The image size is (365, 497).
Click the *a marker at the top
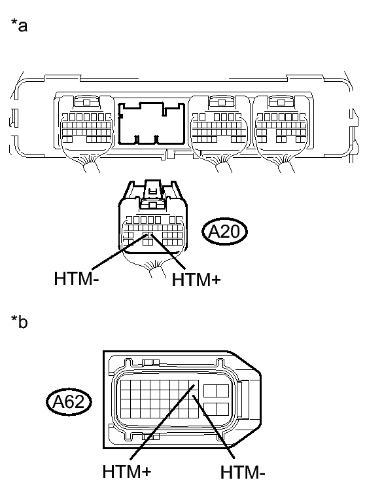pyautogui.click(x=19, y=25)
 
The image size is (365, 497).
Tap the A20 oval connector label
pyautogui.click(x=224, y=231)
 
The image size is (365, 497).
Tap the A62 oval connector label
pyautogui.click(x=69, y=401)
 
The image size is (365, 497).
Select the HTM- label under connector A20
pyautogui.click(x=77, y=278)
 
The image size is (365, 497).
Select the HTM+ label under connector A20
pyautogui.click(x=196, y=280)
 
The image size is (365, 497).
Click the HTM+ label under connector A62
pyautogui.click(x=127, y=471)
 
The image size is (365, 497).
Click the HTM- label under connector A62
pyautogui.click(x=243, y=472)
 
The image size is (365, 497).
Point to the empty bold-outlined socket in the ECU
pyautogui.click(x=152, y=123)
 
